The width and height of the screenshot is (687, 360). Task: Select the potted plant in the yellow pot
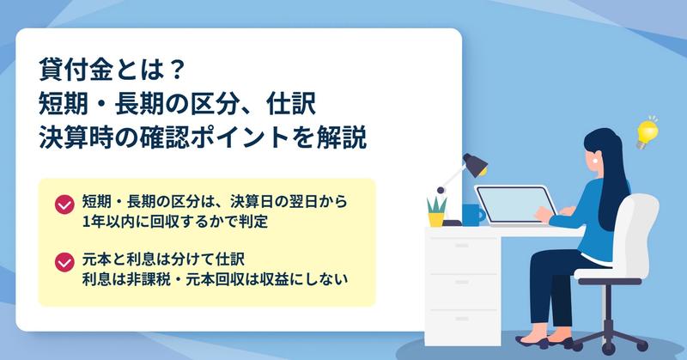(436, 211)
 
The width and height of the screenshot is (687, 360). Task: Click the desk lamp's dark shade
(476, 165)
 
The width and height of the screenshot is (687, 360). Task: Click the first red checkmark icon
(64, 204)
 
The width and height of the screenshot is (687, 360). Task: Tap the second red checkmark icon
(64, 262)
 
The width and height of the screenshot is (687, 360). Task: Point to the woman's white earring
(595, 160)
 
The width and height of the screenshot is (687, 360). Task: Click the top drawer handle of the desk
(462, 245)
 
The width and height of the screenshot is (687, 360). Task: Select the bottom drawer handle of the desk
(462, 319)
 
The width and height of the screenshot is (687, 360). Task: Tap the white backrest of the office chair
(638, 232)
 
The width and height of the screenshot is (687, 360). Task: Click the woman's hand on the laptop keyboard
(544, 214)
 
